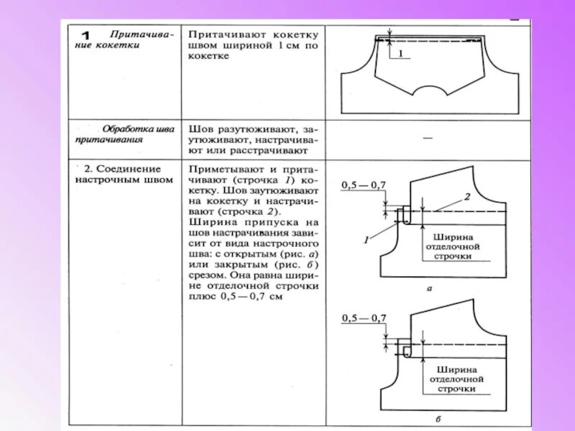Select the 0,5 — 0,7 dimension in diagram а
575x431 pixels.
tap(363, 185)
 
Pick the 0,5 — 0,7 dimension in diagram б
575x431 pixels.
tap(363, 318)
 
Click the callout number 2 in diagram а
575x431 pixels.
tap(466, 196)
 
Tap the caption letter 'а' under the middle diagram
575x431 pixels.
tap(429, 288)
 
